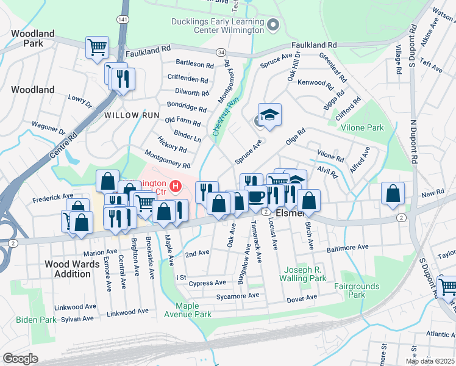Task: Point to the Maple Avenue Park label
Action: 193,310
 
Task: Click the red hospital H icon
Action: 176,185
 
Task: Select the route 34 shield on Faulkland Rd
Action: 221,54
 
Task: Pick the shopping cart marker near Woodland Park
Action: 97,48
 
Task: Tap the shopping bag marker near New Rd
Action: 393,193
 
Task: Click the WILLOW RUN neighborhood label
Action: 131,115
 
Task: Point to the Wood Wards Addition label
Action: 68,269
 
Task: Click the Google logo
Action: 20,359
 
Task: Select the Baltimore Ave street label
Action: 347,248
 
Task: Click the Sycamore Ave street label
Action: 238,296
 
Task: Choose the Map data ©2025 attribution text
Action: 430,361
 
